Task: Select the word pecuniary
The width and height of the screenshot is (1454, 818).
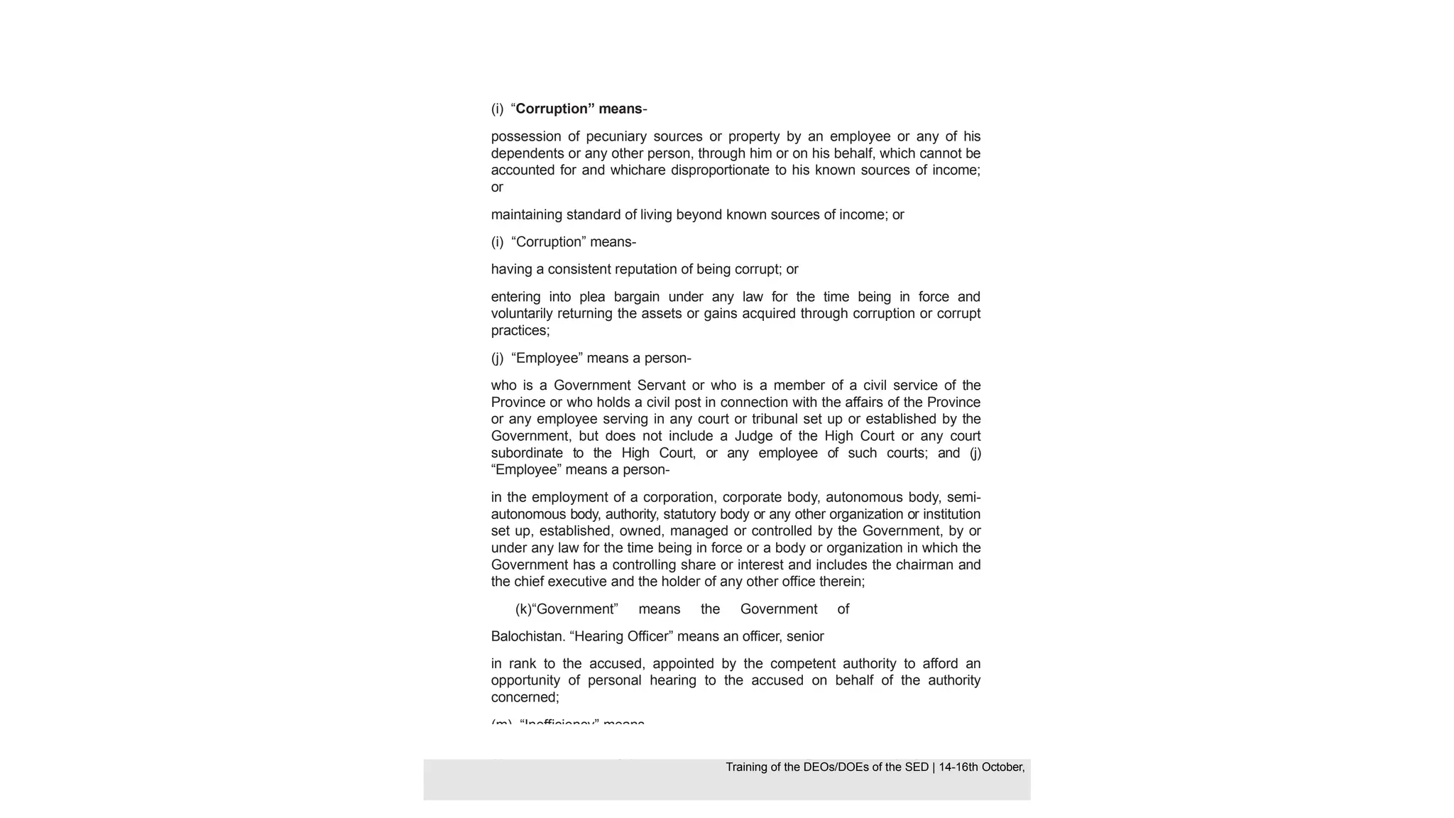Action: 615,136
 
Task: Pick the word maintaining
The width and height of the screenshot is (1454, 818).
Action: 526,214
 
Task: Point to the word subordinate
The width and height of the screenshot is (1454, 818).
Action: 527,453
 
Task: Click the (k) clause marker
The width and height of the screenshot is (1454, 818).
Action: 523,609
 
